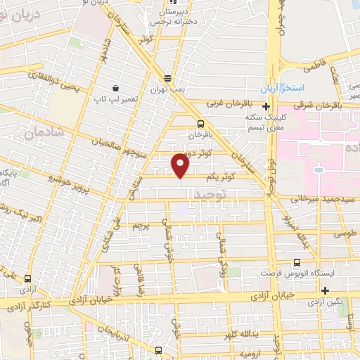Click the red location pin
point(181,165)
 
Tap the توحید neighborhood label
point(211,193)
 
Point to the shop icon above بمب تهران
point(167,78)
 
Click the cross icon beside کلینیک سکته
point(266,106)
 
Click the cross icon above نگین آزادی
point(324,290)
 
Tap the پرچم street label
point(143,226)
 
